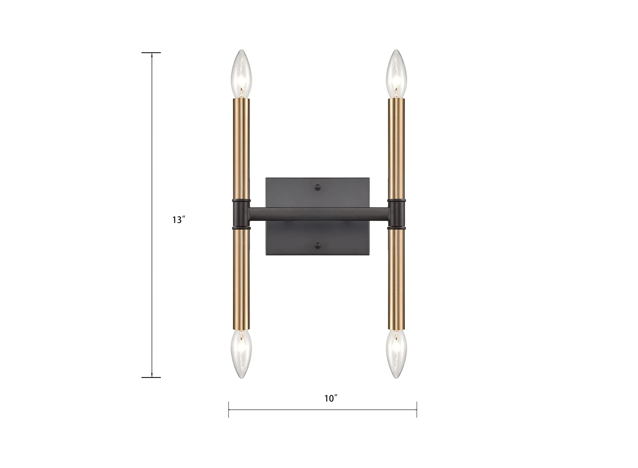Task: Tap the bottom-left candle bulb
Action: [x=241, y=354]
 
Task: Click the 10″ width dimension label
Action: [x=331, y=398]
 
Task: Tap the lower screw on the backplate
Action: [x=318, y=246]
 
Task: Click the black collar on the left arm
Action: [x=241, y=214]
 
